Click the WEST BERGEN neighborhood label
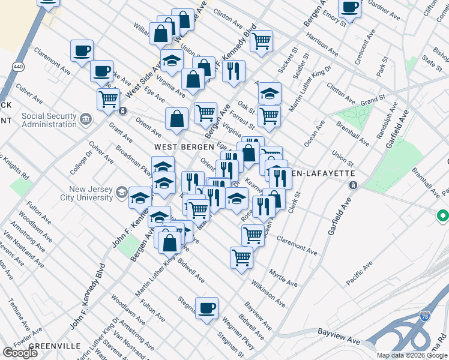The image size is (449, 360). point(184,146)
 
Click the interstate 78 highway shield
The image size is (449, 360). point(424,317)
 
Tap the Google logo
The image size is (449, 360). point(20,353)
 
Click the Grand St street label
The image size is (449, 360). point(373,97)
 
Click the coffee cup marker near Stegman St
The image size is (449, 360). point(207,308)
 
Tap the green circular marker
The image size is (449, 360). point(443,215)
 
